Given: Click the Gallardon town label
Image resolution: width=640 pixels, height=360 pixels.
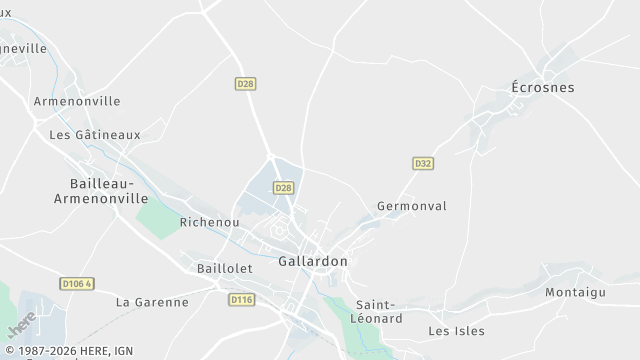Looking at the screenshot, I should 312,261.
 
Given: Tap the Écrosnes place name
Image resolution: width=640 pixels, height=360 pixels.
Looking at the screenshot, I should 543,87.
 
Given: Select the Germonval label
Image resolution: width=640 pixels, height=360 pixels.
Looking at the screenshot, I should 412,206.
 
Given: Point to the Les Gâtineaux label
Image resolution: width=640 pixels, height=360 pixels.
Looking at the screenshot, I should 95,134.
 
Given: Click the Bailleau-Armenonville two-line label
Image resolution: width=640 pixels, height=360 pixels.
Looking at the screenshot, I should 95,191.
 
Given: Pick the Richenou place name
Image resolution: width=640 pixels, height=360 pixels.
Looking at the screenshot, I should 209,222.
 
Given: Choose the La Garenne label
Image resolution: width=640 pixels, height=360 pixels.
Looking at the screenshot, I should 152,301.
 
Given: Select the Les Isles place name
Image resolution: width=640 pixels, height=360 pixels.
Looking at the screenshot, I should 456,331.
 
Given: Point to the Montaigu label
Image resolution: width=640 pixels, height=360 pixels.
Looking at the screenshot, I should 576,292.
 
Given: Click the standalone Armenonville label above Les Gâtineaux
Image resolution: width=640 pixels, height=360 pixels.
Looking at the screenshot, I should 77,101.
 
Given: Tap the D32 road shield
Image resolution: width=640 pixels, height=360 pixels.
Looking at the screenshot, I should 423,163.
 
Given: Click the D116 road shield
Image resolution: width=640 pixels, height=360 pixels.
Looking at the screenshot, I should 241,299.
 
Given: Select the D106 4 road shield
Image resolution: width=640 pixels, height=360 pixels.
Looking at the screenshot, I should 76,283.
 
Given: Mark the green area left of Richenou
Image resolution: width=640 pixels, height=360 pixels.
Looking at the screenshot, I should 155,217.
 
